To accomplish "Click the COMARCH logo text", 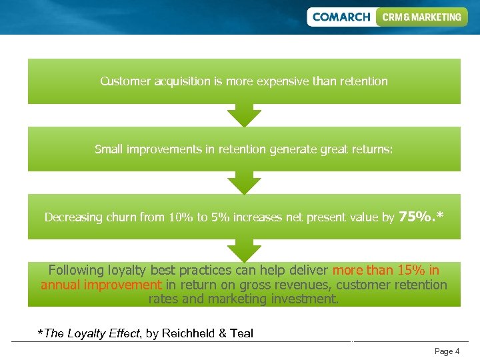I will pos(341,17).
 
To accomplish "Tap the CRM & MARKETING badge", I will pos(421,17).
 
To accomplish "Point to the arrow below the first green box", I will pos(244,115).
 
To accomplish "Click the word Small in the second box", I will pos(109,149).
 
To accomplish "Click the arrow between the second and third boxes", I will pos(244,183).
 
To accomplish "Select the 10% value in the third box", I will pos(180,217).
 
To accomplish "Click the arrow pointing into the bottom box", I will pos(244,251).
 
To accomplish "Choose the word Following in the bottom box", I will pos(76,270).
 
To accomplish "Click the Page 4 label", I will pos(447,351).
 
